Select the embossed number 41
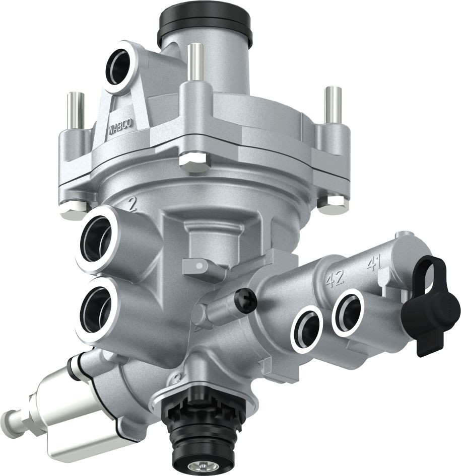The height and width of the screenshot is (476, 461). click(x=373, y=264)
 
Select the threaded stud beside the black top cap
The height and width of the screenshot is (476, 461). click(x=195, y=62)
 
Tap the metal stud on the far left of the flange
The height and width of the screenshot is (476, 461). click(x=75, y=111)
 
